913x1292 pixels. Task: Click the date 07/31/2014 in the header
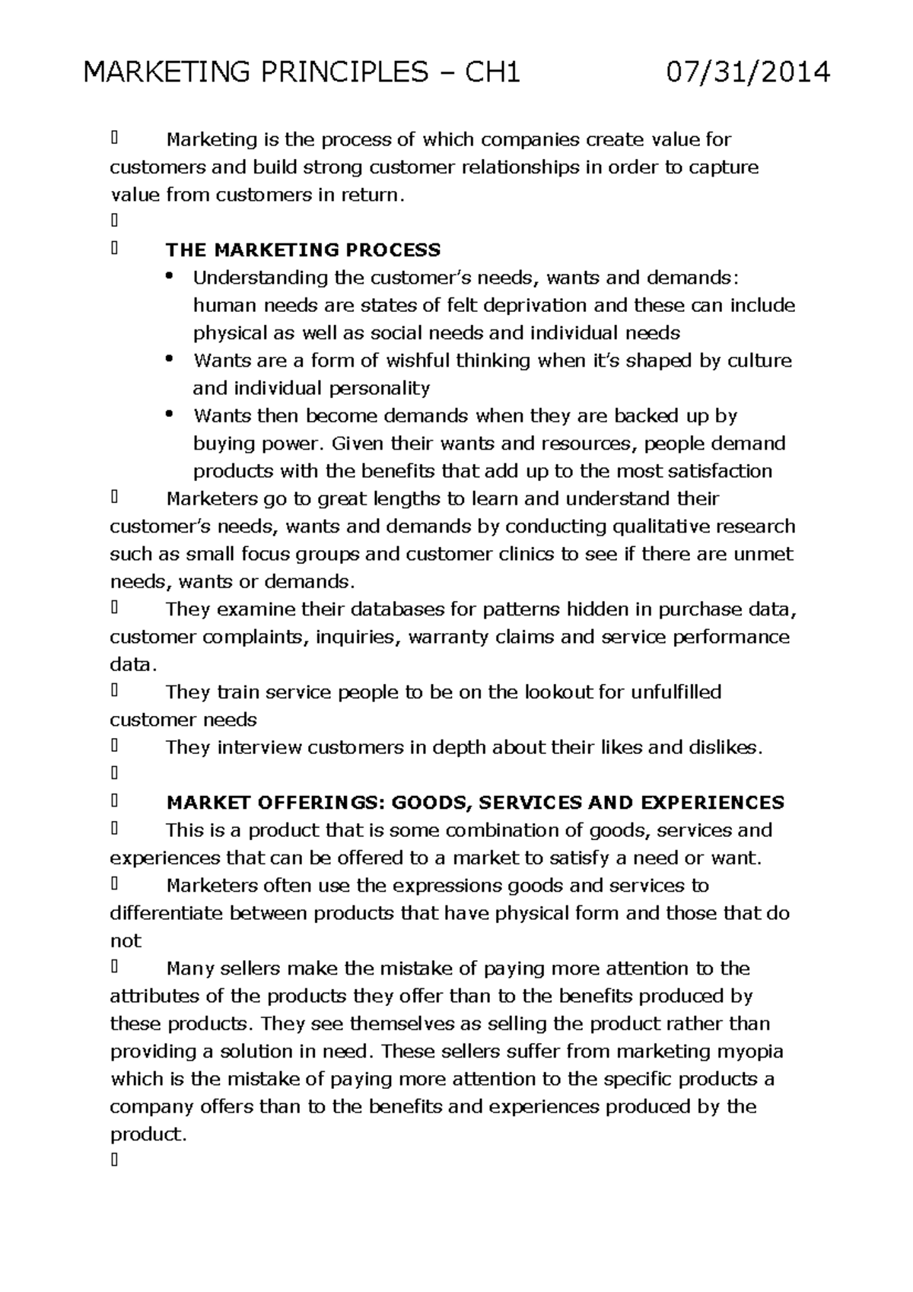point(747,73)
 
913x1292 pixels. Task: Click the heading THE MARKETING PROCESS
point(304,250)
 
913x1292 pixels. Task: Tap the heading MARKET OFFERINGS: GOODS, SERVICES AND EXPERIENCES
point(475,803)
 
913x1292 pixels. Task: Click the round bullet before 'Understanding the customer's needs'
point(169,275)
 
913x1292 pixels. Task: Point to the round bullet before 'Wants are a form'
point(169,358)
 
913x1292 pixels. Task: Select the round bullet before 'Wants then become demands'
point(169,414)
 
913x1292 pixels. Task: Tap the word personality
point(379,389)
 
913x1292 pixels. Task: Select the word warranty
point(448,637)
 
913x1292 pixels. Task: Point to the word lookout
point(559,692)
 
